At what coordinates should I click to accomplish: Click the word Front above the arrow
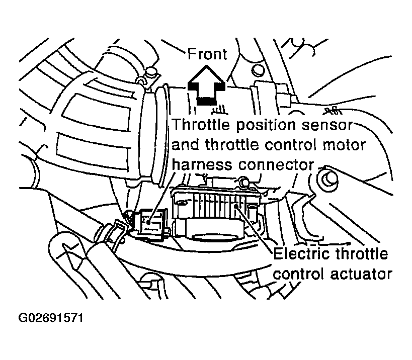coord(207,54)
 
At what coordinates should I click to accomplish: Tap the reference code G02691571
coord(51,318)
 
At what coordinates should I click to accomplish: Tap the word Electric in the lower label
coord(301,254)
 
